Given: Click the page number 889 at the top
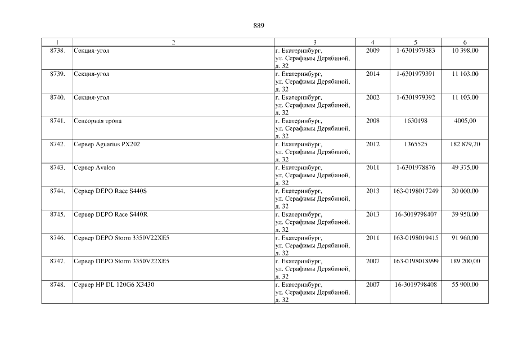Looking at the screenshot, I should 259,26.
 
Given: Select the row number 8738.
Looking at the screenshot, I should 57,51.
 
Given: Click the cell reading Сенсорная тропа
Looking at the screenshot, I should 97,121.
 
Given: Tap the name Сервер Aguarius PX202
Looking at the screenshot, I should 107,145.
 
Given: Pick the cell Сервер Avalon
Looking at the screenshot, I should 94,168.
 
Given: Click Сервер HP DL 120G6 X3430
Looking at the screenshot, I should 114,285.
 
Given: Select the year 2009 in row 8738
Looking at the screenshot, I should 372,51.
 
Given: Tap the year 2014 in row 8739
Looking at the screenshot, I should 372,74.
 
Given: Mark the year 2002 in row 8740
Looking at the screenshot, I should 372,97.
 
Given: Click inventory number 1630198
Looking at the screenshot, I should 416,121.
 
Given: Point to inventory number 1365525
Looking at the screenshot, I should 416,145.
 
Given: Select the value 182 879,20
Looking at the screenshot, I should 465,145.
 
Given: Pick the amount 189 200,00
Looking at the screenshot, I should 465,262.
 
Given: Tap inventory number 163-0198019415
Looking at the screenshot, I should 416,238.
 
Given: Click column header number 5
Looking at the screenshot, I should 416,42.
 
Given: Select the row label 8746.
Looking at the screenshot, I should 57,238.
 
